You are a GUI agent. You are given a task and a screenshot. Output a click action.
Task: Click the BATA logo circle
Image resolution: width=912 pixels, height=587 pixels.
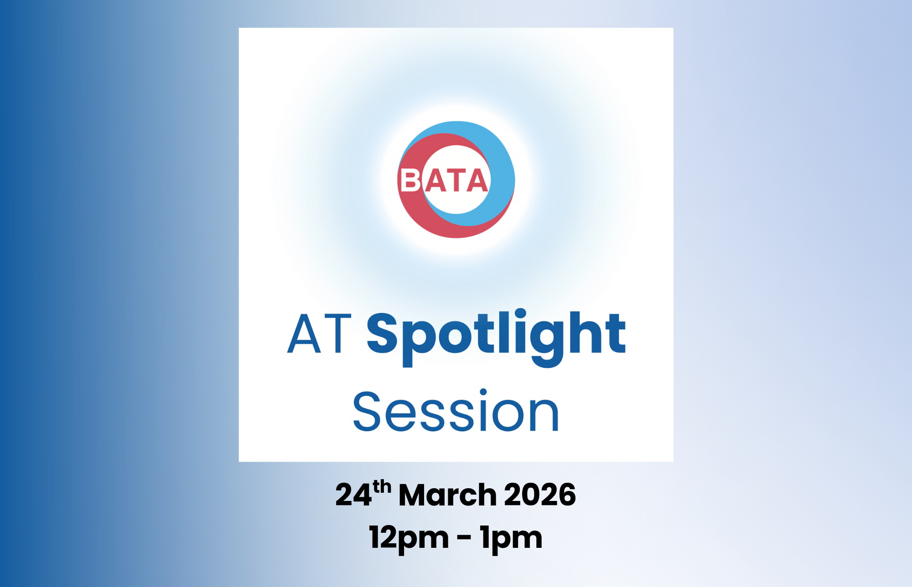tap(456, 179)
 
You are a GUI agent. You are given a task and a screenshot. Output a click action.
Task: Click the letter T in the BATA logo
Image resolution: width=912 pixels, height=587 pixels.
tap(456, 180)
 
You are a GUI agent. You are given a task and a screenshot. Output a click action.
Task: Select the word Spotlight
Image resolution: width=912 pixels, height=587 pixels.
tap(496, 335)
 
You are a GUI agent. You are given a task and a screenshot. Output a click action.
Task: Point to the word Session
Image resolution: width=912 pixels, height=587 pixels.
tap(456, 411)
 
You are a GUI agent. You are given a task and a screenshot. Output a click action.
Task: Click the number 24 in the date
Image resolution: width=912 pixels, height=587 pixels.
tap(353, 495)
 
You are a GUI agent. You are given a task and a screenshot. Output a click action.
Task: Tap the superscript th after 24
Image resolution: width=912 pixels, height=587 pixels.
tap(382, 487)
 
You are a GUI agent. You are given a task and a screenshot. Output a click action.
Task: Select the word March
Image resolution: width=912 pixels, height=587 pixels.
tap(447, 495)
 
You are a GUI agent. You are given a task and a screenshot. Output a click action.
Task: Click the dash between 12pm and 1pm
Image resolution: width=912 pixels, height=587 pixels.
tap(464, 538)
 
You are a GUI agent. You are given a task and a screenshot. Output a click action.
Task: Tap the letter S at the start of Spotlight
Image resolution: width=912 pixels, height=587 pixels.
tap(382, 333)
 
